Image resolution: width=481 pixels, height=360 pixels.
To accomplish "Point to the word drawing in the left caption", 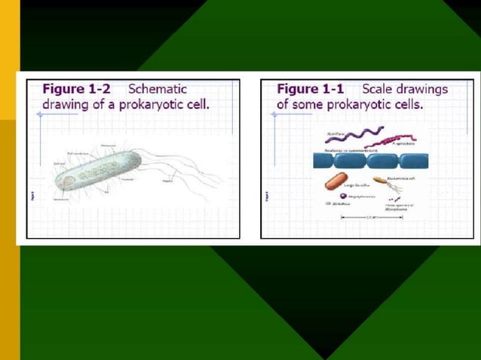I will (64, 103).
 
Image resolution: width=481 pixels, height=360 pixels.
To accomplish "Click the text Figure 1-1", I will (308, 89).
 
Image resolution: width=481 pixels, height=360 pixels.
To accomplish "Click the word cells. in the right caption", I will (406, 103).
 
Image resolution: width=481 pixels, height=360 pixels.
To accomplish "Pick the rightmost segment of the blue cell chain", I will (411, 160).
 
